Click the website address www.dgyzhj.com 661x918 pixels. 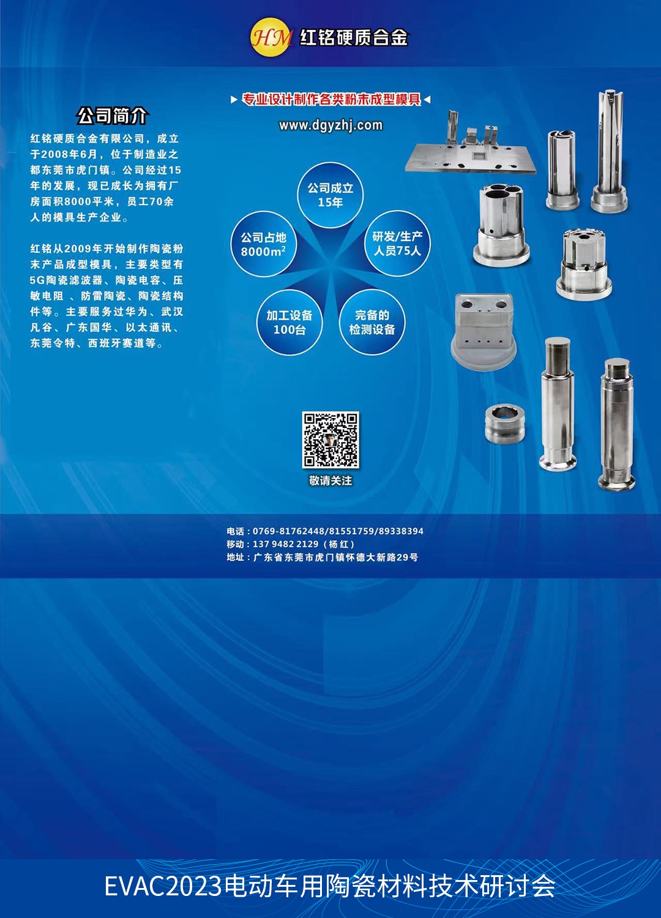(x=330, y=125)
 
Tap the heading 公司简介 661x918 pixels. (x=112, y=116)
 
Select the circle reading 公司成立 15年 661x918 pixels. (x=330, y=195)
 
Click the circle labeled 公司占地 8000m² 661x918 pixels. (x=264, y=244)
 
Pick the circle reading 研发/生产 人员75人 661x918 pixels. (x=397, y=244)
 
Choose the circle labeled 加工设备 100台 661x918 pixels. (x=289, y=322)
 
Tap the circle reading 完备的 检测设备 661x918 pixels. (x=372, y=322)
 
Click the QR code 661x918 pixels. (x=330, y=440)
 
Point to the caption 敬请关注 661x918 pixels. (x=330, y=480)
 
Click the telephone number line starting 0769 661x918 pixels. (x=325, y=531)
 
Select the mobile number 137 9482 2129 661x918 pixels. (x=285, y=544)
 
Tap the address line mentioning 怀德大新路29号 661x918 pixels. (x=323, y=558)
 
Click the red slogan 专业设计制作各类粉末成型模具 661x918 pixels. (x=331, y=99)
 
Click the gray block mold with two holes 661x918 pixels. (x=484, y=330)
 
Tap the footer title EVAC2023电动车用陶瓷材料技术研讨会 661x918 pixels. (x=330, y=886)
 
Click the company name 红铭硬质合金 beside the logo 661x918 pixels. (x=354, y=38)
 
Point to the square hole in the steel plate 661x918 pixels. (x=478, y=155)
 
